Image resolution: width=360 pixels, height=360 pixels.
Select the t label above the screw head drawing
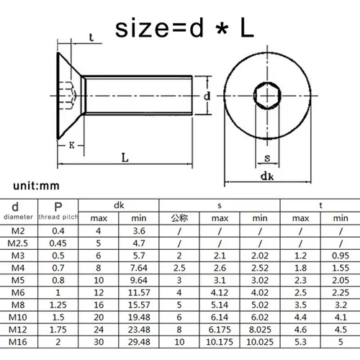[x=91, y=37]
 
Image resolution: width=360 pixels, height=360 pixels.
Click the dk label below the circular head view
[x=267, y=174]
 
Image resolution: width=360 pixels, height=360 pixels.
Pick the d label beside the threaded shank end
[x=207, y=96]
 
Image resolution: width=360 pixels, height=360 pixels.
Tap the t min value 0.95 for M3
[x=335, y=256]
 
